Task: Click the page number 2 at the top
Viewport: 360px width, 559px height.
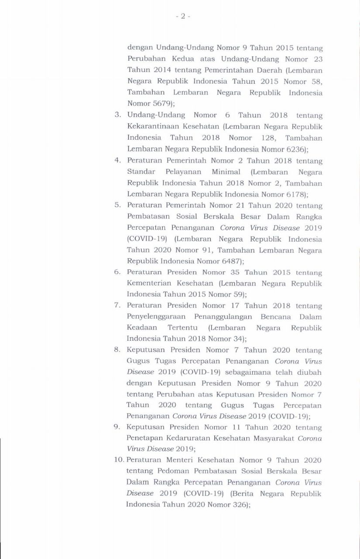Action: (x=182, y=16)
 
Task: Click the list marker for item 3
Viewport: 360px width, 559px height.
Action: (x=117, y=116)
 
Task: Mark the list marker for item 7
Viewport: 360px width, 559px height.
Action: (x=117, y=306)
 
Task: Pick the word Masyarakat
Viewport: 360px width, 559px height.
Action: (x=274, y=438)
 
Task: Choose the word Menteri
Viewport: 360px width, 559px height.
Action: (x=180, y=460)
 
